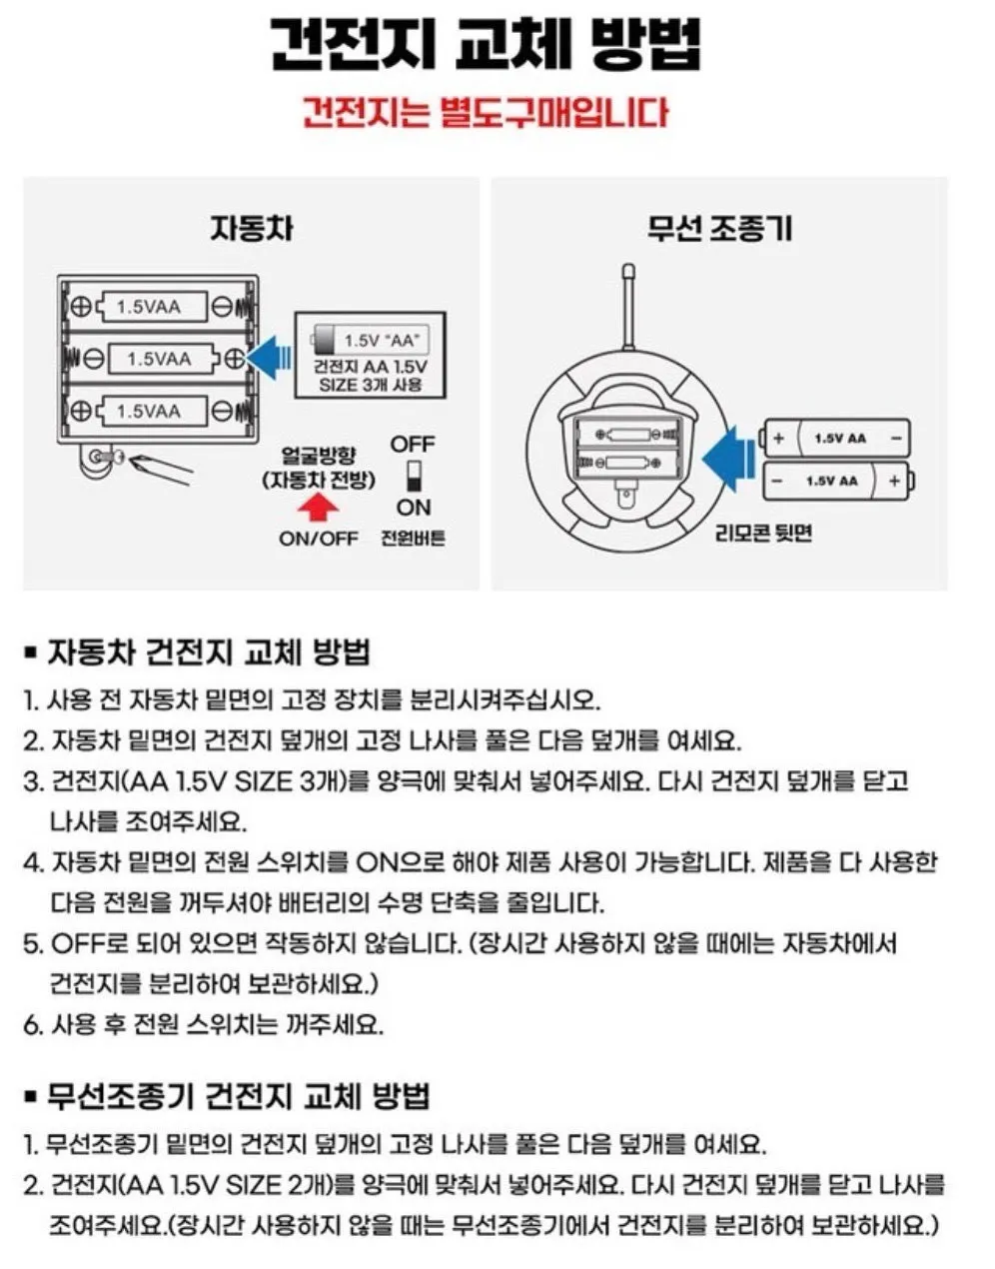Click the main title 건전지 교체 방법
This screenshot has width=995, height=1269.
(x=486, y=44)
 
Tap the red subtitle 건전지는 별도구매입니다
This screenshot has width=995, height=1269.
(x=486, y=111)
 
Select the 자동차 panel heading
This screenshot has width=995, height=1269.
(x=251, y=229)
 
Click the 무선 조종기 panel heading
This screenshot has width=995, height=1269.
(x=719, y=229)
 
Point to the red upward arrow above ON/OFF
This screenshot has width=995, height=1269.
(x=318, y=508)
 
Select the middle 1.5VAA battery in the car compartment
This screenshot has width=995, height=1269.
(x=159, y=358)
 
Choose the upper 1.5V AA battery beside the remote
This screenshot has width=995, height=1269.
(x=835, y=438)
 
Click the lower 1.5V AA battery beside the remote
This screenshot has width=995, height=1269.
(x=835, y=481)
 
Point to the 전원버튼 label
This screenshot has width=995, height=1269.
(x=413, y=539)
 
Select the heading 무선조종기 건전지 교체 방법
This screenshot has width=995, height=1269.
(x=239, y=1096)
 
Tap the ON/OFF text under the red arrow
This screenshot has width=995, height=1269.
(x=318, y=539)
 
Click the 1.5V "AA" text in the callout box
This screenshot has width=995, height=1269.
(x=381, y=341)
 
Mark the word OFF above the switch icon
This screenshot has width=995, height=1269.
(x=413, y=444)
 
